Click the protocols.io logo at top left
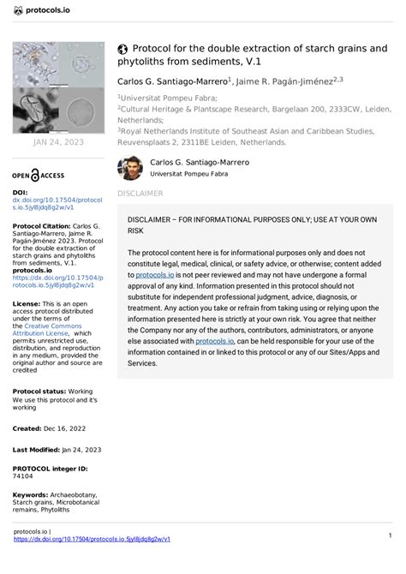[39, 9]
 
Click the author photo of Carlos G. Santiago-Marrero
[131, 168]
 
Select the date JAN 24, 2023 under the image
[57, 142]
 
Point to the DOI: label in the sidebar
[21, 193]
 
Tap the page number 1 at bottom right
[390, 535]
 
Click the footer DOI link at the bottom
[93, 539]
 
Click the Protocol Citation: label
[43, 227]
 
